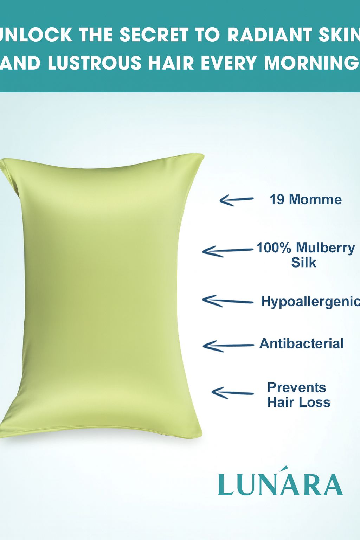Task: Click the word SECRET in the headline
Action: (154, 35)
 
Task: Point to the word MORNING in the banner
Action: (311, 63)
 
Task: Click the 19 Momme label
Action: (306, 200)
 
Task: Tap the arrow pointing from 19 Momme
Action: (236, 200)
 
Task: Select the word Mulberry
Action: (325, 249)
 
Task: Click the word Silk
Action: (304, 262)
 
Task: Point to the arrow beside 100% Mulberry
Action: (227, 251)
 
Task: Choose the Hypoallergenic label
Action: (310, 302)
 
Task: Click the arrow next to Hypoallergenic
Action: (227, 301)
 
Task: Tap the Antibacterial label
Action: (301, 343)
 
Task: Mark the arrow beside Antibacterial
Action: (229, 346)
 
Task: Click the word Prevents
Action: (297, 387)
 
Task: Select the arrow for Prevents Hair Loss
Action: (233, 393)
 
